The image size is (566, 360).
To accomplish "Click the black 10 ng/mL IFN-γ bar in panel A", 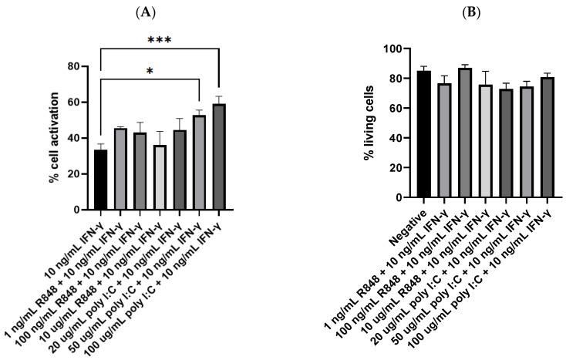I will click(x=99, y=180).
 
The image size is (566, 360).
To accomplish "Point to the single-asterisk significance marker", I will click(x=150, y=71).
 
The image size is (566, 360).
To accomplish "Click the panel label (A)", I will click(x=160, y=12).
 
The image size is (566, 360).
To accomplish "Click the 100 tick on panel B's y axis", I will click(x=396, y=49).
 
